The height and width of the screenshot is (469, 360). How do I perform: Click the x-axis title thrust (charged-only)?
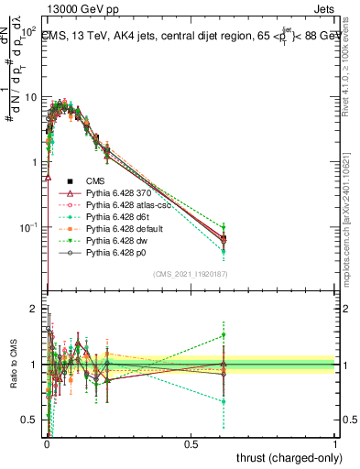tap(284, 457)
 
